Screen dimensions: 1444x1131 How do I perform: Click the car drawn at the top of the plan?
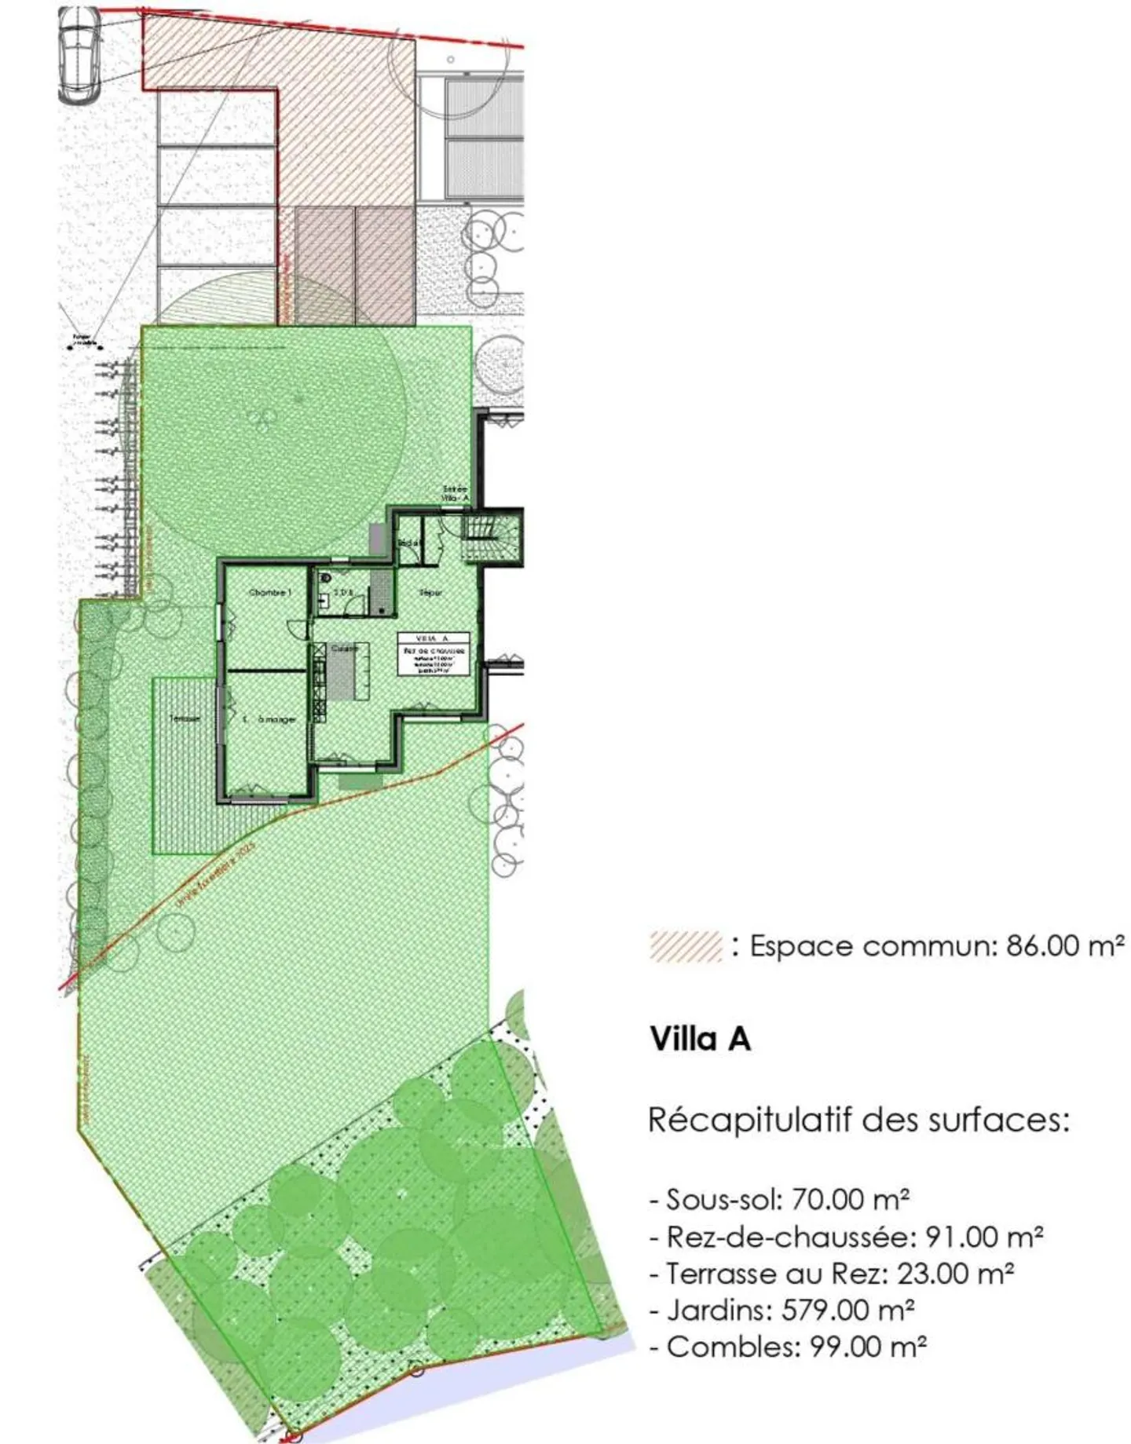point(79,55)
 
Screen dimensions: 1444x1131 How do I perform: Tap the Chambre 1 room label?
point(269,592)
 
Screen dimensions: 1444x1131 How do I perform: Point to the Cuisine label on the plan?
point(344,649)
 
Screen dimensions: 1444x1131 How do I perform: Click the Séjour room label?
point(430,592)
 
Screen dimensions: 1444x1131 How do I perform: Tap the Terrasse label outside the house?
point(184,718)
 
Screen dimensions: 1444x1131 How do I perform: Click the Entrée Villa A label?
point(455,494)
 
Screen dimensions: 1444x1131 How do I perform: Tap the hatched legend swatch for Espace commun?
point(685,946)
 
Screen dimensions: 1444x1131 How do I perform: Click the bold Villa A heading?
point(700,1039)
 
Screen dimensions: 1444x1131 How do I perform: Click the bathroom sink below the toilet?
point(324,602)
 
